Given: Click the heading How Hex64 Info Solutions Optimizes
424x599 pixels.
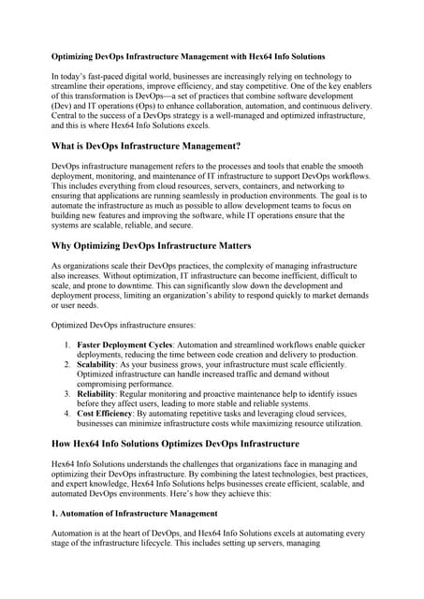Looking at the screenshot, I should point(175,443).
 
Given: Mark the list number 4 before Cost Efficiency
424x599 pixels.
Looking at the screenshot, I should point(66,414).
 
